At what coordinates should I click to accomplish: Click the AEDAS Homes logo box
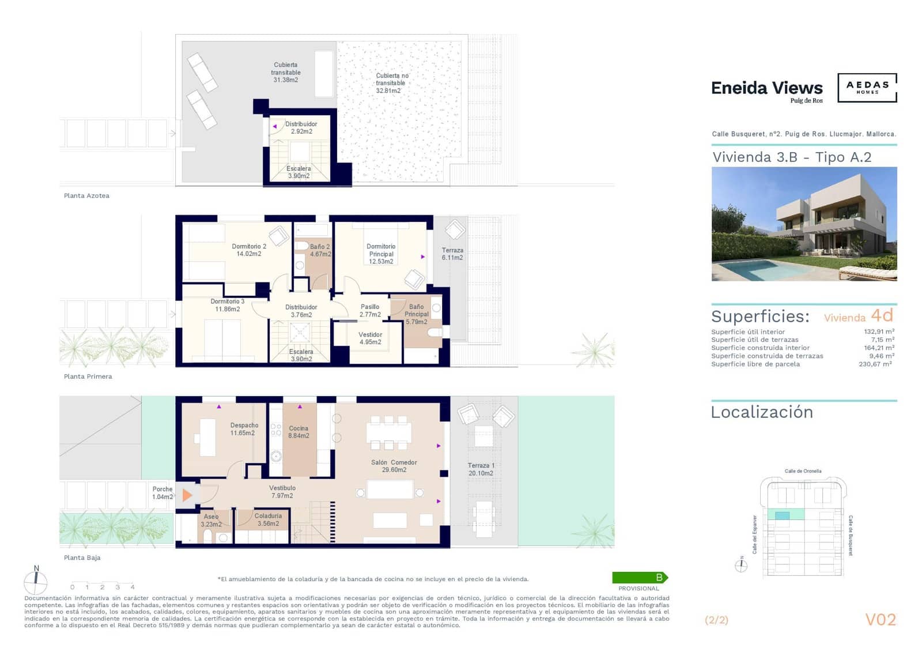click(x=867, y=88)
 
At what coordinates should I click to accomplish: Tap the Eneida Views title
click(x=766, y=88)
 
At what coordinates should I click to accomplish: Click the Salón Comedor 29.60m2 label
click(x=394, y=466)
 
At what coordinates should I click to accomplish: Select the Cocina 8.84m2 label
click(x=298, y=432)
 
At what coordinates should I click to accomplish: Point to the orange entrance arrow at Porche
click(x=187, y=495)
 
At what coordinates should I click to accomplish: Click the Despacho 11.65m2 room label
click(x=244, y=429)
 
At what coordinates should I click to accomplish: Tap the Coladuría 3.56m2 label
click(x=268, y=519)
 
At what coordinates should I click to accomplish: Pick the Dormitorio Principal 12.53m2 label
click(x=381, y=254)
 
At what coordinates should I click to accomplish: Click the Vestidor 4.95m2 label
click(x=370, y=338)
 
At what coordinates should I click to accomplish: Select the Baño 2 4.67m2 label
click(x=320, y=250)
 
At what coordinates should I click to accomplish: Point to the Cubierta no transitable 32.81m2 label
click(x=391, y=83)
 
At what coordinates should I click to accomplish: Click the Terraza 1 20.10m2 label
click(x=481, y=469)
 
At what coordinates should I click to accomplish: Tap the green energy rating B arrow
click(x=640, y=577)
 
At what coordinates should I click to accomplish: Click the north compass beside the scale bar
click(x=36, y=581)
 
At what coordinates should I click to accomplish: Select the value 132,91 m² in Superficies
click(x=879, y=331)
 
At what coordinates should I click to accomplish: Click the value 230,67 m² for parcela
click(x=875, y=364)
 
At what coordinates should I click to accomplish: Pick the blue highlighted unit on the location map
click(x=782, y=515)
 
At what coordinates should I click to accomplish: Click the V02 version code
click(x=881, y=619)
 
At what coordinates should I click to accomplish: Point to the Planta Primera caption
click(x=88, y=376)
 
